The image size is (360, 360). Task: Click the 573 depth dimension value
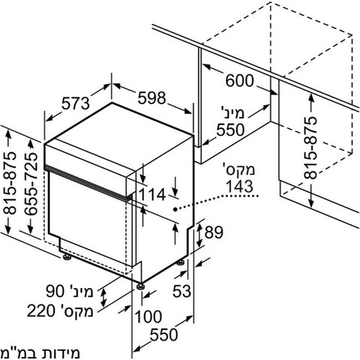[x=76, y=103]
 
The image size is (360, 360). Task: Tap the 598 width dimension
[x=151, y=97]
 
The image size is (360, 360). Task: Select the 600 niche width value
[x=239, y=80]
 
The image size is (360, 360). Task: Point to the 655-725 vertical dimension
[x=31, y=184]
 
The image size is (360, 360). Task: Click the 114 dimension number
[x=151, y=194]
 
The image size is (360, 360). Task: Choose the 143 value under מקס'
[x=239, y=186]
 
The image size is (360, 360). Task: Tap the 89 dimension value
[x=214, y=232]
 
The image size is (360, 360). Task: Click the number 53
[x=181, y=291]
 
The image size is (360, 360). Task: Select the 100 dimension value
[x=148, y=316]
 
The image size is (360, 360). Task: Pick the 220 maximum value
[x=40, y=310]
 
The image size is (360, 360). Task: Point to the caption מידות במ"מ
[x=40, y=352]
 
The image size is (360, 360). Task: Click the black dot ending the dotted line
[x=175, y=209]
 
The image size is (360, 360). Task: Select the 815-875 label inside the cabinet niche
[x=310, y=148]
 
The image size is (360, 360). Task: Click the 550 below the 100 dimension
[x=163, y=334]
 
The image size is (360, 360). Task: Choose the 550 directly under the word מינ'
[x=230, y=130]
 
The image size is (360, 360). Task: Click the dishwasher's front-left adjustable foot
[x=67, y=257]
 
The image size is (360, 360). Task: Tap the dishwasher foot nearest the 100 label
[x=140, y=286]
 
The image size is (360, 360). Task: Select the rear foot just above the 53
[x=181, y=263]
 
